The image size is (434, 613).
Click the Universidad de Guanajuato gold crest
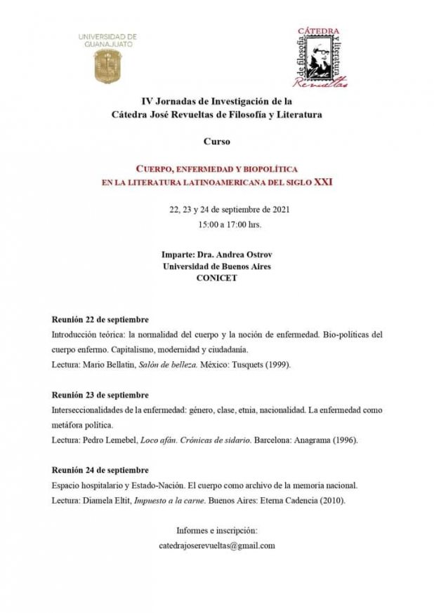107,65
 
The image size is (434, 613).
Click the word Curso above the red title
216,142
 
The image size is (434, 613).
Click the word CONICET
217,278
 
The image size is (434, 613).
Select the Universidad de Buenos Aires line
217,267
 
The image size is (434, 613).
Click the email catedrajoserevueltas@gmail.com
217,546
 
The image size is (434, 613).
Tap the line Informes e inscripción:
217,530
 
